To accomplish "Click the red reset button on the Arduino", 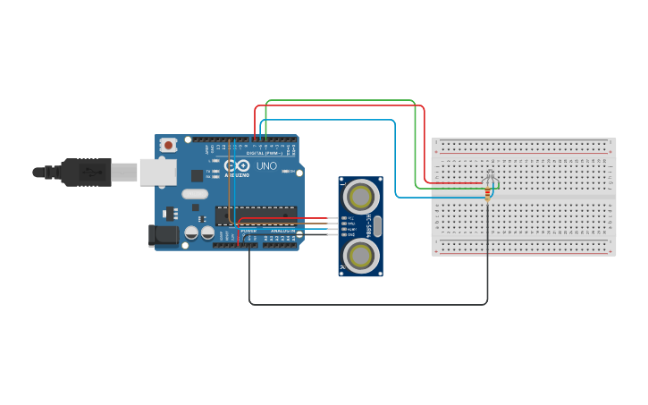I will pyautogui.click(x=168, y=145).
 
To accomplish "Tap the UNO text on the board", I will pyautogui.click(x=266, y=166).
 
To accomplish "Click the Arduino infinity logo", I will pyautogui.click(x=237, y=166).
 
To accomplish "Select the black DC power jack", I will pyautogui.click(x=163, y=235).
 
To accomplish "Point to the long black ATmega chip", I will pyautogui.click(x=256, y=215).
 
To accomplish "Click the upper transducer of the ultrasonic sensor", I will pyautogui.click(x=361, y=195).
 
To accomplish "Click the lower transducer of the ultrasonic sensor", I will pyautogui.click(x=361, y=255).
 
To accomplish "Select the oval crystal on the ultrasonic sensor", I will pyautogui.click(x=377, y=225).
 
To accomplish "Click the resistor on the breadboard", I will pyautogui.click(x=487, y=193).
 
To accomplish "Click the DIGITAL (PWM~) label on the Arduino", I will pyautogui.click(x=265, y=153).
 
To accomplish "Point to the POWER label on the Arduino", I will pyautogui.click(x=248, y=231).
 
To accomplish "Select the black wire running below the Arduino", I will pyautogui.click(x=366, y=305).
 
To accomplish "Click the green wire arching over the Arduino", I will pyautogui.click(x=340, y=101).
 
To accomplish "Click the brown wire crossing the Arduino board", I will pyautogui.click(x=229, y=192).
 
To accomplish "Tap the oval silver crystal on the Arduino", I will pyautogui.click(x=194, y=193).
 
